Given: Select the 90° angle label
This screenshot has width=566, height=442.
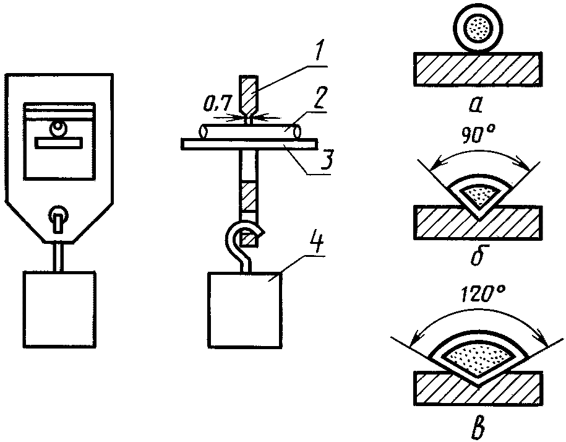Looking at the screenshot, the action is click(x=478, y=136).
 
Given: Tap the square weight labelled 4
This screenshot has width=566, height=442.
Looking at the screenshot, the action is click(x=244, y=310).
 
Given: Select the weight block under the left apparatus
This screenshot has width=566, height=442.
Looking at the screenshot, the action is click(x=60, y=309).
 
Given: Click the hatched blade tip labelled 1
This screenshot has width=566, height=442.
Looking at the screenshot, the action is click(x=249, y=96).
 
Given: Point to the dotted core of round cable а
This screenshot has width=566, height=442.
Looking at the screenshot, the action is click(x=478, y=28).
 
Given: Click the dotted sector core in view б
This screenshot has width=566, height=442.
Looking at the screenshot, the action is click(x=479, y=194).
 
